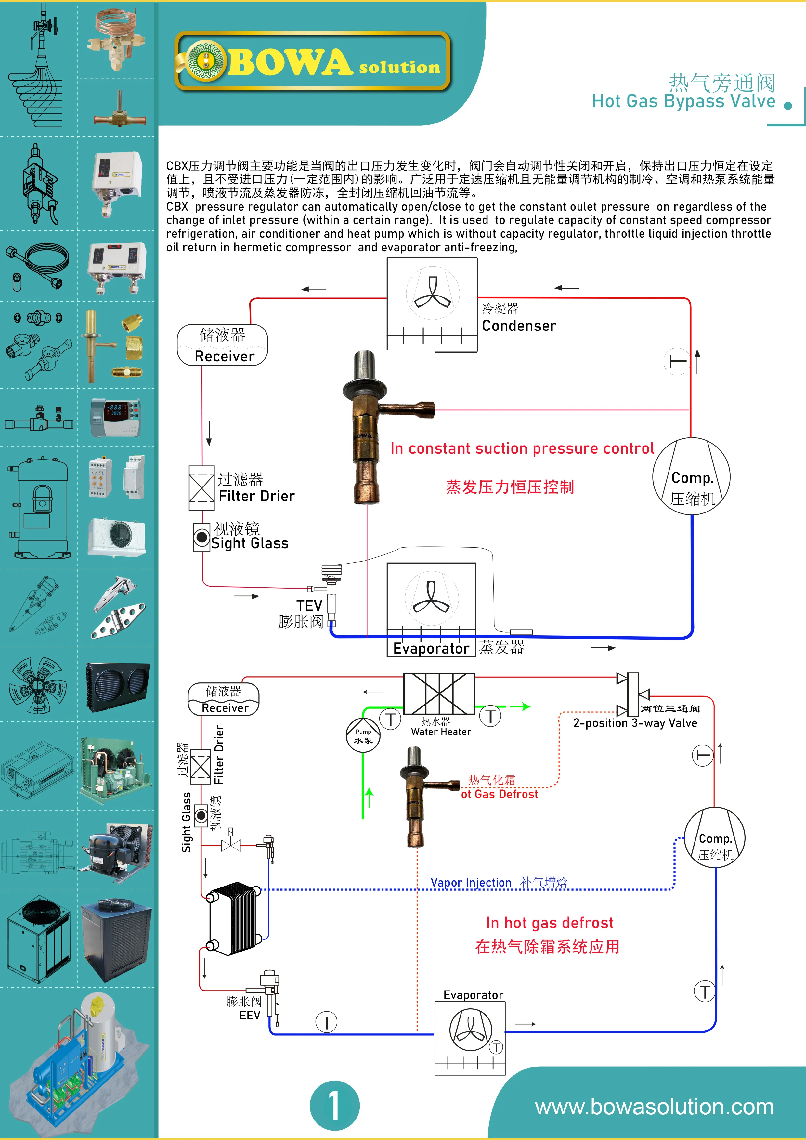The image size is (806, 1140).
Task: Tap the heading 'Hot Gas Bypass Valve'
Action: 683,101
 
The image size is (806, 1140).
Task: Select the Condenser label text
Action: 519,326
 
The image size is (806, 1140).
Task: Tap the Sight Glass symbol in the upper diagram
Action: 201,537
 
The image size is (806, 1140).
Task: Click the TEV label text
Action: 309,606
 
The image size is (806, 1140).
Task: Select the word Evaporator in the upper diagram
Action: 431,648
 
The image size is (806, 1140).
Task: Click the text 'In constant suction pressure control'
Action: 522,448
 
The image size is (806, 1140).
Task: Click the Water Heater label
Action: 440,732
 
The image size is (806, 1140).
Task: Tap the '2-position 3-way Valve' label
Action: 635,723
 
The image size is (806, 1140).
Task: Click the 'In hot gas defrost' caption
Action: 549,923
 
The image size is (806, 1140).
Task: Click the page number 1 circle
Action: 334,1105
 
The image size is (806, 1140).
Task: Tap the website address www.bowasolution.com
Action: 654,1107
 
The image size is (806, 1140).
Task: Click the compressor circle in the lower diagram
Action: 715,838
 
